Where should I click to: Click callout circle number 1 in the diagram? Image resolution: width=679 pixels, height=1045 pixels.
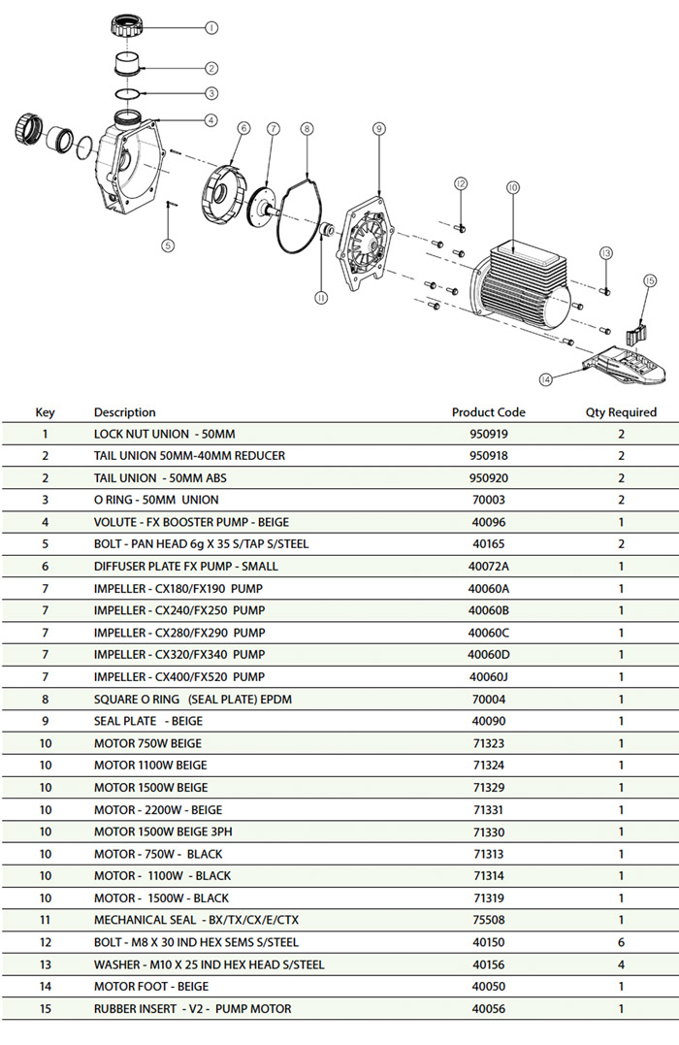(x=211, y=28)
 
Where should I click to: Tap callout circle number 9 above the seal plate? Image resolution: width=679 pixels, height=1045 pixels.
(x=379, y=129)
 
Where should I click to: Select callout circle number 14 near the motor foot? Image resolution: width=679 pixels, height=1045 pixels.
(x=546, y=379)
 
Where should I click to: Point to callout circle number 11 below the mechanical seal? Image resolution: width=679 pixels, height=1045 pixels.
(x=321, y=298)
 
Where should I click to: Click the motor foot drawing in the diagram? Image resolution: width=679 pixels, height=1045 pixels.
(x=623, y=365)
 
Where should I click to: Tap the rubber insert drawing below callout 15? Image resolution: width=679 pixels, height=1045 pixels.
(x=636, y=331)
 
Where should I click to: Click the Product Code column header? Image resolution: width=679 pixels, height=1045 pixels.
(x=489, y=412)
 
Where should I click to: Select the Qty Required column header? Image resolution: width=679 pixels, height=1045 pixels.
(x=621, y=412)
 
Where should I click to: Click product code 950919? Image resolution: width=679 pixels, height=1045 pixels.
(x=489, y=434)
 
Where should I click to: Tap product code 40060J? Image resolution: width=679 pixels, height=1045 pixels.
(x=489, y=677)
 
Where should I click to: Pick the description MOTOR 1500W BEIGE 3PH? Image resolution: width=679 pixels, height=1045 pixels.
(x=163, y=832)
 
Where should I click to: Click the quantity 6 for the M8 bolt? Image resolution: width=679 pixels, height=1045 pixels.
(x=621, y=942)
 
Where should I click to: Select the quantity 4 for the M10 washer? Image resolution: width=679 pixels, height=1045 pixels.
(x=621, y=964)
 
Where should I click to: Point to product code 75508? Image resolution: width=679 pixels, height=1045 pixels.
(x=489, y=920)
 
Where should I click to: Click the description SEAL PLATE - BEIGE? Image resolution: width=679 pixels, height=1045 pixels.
(x=148, y=721)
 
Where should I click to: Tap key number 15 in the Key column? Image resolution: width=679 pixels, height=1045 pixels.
(x=46, y=1008)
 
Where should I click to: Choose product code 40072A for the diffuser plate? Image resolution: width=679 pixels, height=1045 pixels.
(x=489, y=567)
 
